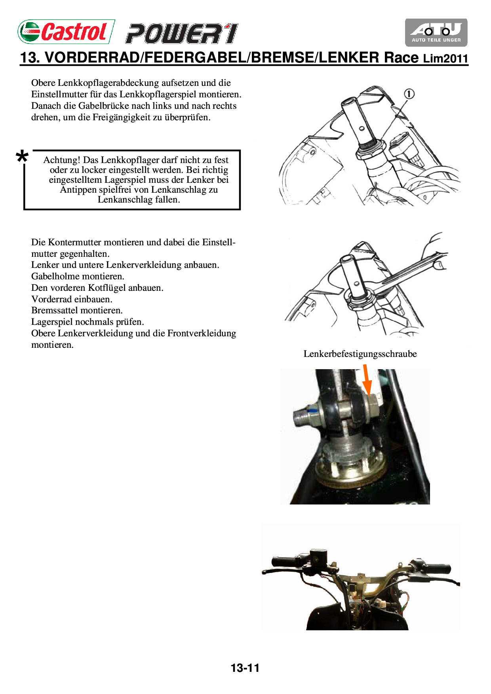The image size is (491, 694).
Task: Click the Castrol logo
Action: click(x=66, y=32)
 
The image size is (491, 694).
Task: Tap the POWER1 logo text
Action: click(x=182, y=34)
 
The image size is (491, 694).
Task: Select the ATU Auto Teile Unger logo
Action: click(x=436, y=32)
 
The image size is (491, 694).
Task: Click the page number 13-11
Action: click(x=245, y=668)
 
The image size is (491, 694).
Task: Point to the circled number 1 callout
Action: click(x=409, y=94)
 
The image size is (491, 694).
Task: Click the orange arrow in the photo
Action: click(x=367, y=380)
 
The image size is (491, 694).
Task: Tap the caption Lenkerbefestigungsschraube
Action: click(x=360, y=354)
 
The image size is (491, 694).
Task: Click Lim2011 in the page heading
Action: click(x=445, y=59)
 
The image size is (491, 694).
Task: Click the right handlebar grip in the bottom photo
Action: click(x=437, y=569)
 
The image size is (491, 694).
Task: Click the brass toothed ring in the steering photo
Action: click(x=350, y=477)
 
